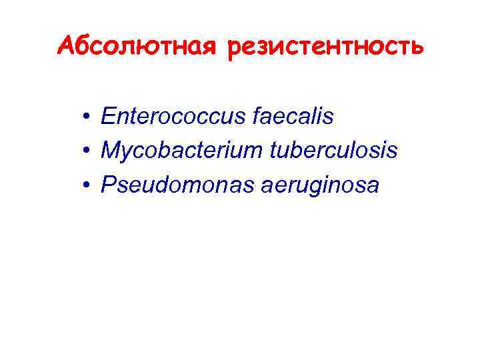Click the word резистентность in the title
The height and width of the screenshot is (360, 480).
[325, 48]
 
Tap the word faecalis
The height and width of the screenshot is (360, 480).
[295, 117]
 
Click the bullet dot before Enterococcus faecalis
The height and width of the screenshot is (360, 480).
[87, 119]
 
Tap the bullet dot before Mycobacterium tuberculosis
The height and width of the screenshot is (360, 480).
[87, 152]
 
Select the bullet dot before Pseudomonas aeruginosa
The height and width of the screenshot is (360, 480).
[87, 186]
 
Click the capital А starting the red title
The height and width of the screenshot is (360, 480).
[67, 46]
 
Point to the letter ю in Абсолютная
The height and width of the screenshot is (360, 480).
[157, 48]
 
